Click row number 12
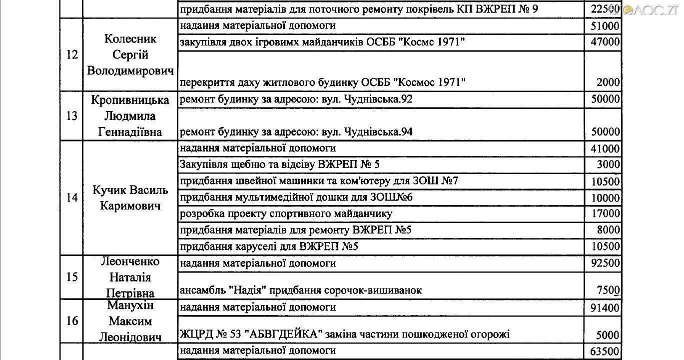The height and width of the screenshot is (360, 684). point(72,55)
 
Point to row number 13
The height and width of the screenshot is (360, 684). point(72,116)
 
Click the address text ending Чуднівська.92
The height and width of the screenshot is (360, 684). point(296,99)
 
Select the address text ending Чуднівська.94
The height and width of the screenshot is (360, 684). point(296,132)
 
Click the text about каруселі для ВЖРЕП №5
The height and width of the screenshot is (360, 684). point(269,246)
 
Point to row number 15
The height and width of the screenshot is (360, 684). point(72,277)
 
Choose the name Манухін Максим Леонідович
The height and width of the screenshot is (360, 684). point(131,321)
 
